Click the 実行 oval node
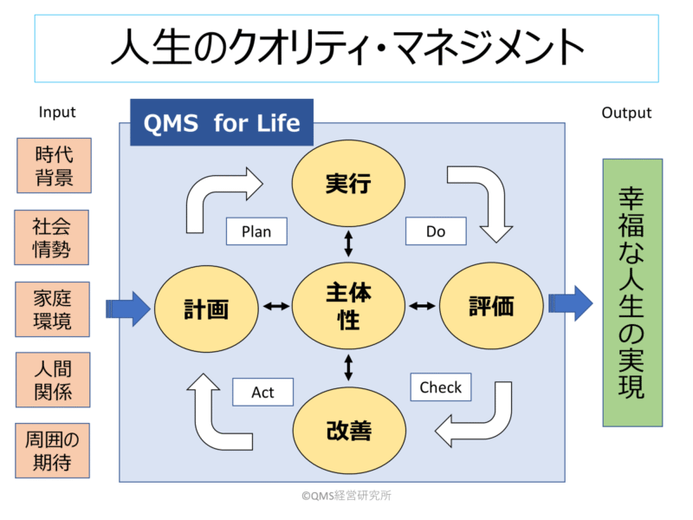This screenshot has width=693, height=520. pyautogui.click(x=348, y=183)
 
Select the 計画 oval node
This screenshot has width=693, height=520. pyautogui.click(x=206, y=309)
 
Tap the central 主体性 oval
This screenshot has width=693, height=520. pyautogui.click(x=348, y=306)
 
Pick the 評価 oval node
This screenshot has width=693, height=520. pyautogui.click(x=491, y=306)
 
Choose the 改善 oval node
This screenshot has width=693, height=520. pyautogui.click(x=349, y=430)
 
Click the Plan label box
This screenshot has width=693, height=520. pyautogui.click(x=256, y=231)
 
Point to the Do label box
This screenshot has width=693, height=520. pyautogui.click(x=436, y=231)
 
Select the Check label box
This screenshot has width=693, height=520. pyautogui.click(x=441, y=387)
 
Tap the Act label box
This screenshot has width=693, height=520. pyautogui.click(x=263, y=392)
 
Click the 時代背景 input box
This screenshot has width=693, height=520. pyautogui.click(x=54, y=166)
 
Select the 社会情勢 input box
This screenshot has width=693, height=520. pyautogui.click(x=51, y=237)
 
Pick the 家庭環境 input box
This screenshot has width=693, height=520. pyautogui.click(x=53, y=309)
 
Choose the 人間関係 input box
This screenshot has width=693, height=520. pyautogui.click(x=53, y=380)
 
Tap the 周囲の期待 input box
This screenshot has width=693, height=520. pyautogui.click(x=53, y=451)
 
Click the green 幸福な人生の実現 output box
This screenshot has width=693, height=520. pyautogui.click(x=633, y=293)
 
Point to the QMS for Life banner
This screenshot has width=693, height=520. pyautogui.click(x=222, y=122)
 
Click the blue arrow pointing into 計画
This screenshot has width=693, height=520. pyautogui.click(x=128, y=309)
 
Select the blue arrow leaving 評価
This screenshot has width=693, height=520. pyautogui.click(x=571, y=303)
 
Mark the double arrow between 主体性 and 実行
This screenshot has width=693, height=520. pyautogui.click(x=349, y=244)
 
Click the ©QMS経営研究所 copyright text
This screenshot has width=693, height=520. pyautogui.click(x=346, y=496)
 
